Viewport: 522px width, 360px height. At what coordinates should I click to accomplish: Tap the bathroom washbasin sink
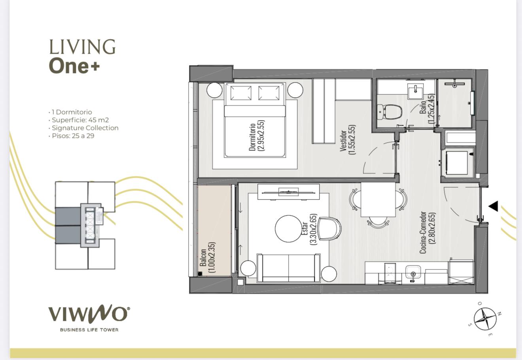(416, 91)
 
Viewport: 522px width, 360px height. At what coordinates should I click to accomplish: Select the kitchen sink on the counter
(413, 272)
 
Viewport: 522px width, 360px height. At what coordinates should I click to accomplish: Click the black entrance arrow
(493, 206)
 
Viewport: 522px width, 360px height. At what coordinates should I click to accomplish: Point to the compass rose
(485, 319)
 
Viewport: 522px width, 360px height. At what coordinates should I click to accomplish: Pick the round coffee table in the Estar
(288, 229)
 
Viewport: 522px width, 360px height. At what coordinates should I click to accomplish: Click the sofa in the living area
(289, 268)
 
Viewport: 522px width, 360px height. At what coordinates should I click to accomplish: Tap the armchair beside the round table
(329, 229)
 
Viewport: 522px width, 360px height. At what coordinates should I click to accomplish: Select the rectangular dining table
(378, 200)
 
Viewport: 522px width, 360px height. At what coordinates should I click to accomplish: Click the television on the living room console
(289, 192)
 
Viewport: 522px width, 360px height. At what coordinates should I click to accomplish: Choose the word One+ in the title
(74, 66)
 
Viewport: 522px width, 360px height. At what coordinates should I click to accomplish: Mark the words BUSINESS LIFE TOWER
(89, 330)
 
